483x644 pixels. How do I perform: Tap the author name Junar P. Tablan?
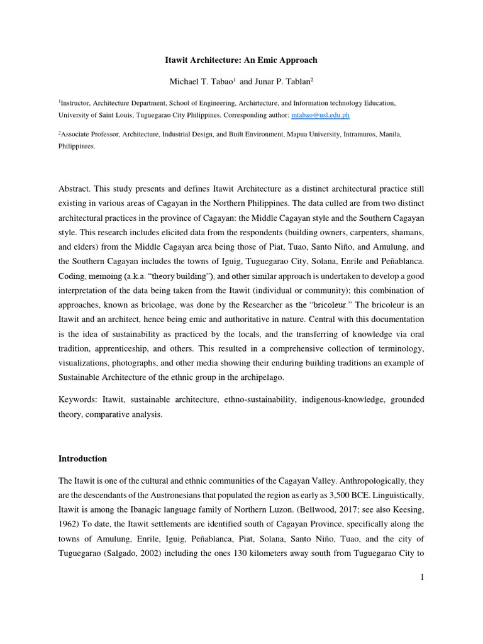pyautogui.click(x=282, y=82)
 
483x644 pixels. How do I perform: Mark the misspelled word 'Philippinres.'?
pyautogui.click(x=77, y=145)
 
